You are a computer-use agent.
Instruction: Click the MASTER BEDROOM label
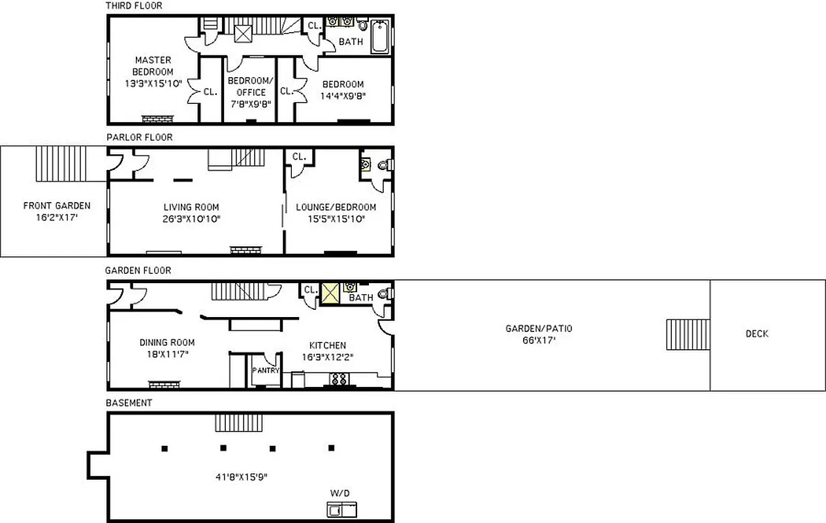click(x=153, y=65)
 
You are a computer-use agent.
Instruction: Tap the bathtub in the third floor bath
click(x=379, y=37)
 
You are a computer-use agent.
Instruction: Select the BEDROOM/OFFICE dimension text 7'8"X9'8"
click(x=251, y=103)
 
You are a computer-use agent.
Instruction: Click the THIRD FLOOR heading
click(x=134, y=6)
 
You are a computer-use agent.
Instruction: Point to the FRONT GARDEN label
click(x=57, y=206)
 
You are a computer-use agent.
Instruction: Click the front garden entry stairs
click(x=61, y=163)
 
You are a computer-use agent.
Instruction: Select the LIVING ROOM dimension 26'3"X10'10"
click(x=192, y=219)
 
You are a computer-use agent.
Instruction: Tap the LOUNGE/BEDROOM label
click(x=336, y=207)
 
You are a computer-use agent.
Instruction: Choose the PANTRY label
click(x=266, y=371)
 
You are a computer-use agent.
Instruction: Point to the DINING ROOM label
click(x=167, y=343)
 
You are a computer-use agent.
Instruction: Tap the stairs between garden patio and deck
click(x=688, y=335)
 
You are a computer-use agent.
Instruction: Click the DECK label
click(x=757, y=334)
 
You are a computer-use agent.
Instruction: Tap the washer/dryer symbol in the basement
click(x=342, y=509)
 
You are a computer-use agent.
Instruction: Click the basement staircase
click(x=239, y=422)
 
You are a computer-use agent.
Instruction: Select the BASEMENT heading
click(x=129, y=403)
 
